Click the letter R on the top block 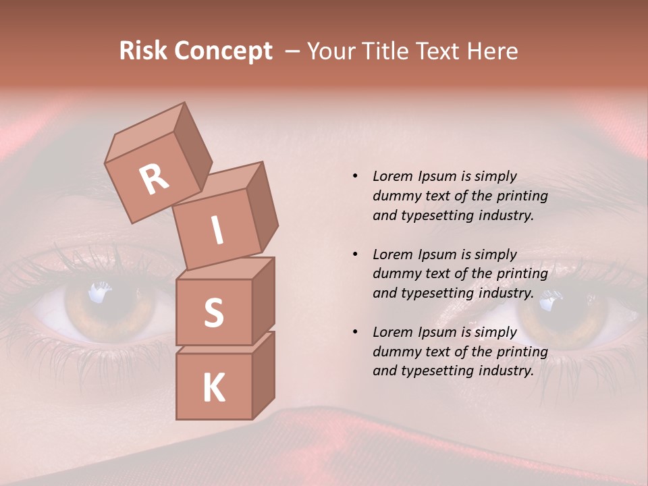click(154, 180)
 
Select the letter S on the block click(213, 313)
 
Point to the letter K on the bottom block click(213, 388)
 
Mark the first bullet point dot click(355, 176)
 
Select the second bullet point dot click(355, 254)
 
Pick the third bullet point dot click(355, 332)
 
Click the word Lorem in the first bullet click(393, 176)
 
